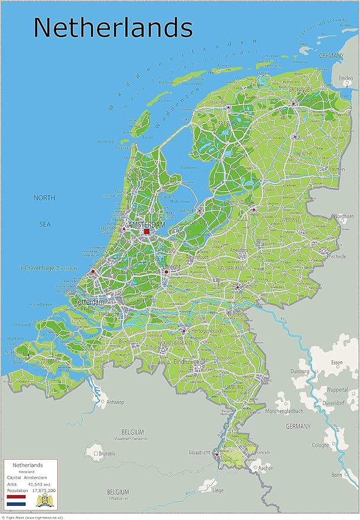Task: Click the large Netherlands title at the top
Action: (x=112, y=28)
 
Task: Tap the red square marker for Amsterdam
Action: (x=147, y=232)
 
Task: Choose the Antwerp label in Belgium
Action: (x=115, y=402)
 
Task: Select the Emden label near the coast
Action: (x=346, y=77)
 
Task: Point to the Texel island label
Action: (x=147, y=137)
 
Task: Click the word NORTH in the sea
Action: (x=44, y=198)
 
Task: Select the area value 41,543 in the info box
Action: (x=37, y=484)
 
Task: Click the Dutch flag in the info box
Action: (x=15, y=500)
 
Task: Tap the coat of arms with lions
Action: (x=44, y=500)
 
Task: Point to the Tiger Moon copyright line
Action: (x=33, y=517)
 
